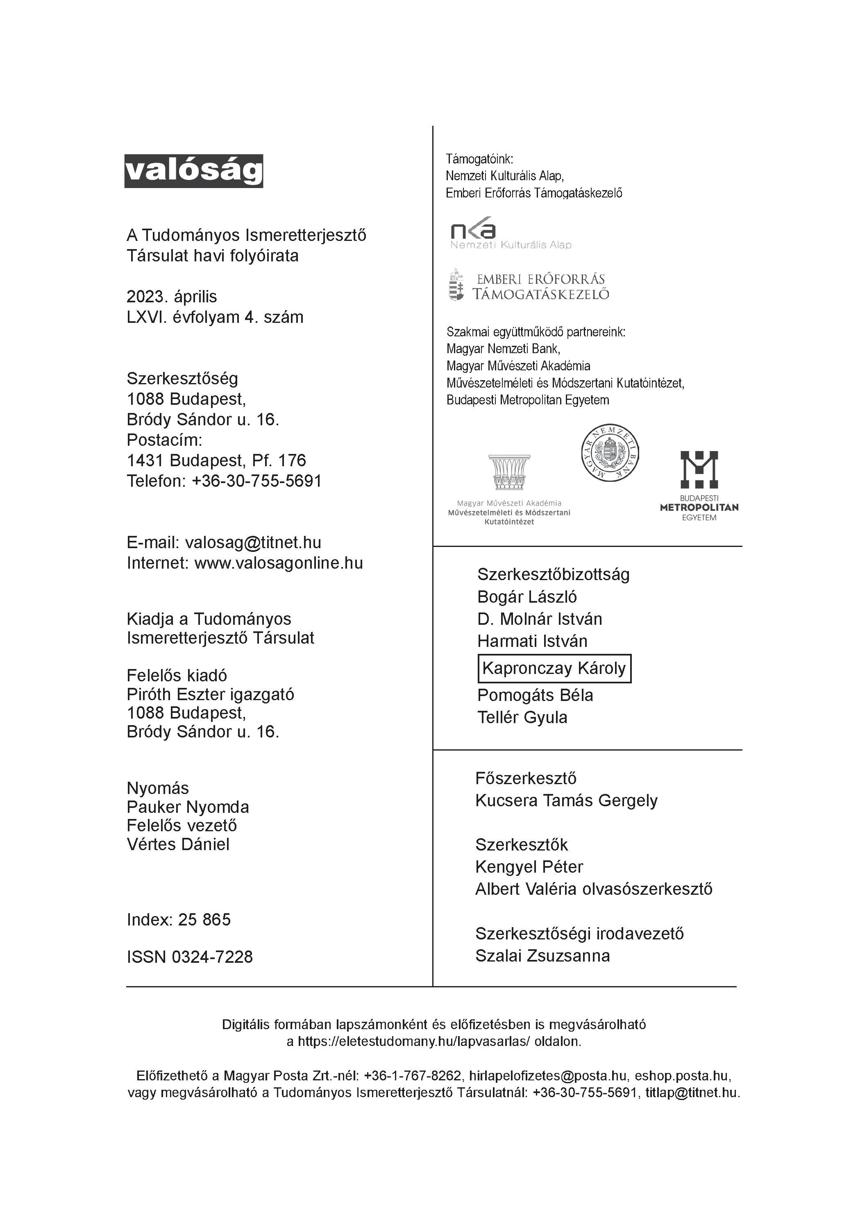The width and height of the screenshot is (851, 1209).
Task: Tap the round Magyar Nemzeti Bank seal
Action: click(610, 452)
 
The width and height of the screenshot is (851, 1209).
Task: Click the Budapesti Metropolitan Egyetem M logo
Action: click(699, 469)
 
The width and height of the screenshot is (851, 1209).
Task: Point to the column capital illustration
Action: click(509, 472)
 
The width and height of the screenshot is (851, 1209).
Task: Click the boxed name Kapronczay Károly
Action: click(554, 668)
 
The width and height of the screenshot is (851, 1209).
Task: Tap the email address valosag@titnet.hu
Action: click(253, 542)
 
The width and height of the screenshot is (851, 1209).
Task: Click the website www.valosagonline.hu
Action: click(279, 563)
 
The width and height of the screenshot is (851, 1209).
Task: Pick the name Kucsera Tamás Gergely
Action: click(566, 801)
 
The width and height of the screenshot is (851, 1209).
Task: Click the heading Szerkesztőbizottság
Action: click(553, 574)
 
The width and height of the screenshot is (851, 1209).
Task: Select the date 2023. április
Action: click(172, 297)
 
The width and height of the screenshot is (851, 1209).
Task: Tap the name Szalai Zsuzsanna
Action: click(542, 956)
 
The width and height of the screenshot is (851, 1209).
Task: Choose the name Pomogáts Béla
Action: click(535, 695)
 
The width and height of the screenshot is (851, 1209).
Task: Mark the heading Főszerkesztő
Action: click(526, 778)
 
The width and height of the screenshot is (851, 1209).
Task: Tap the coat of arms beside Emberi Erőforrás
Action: click(456, 285)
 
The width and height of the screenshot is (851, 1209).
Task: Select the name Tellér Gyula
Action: click(522, 717)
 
